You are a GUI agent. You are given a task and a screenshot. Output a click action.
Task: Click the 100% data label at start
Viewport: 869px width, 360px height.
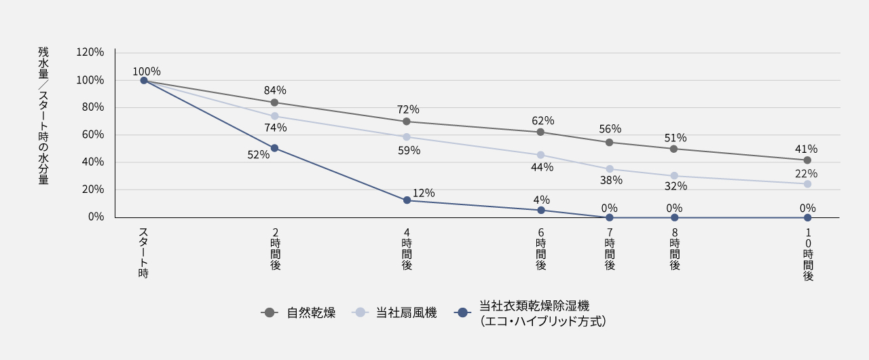pos(146,71)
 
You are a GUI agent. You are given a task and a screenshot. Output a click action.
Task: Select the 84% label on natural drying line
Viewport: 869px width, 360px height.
pos(275,90)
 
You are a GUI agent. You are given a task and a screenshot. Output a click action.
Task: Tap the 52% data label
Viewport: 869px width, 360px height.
pos(258,155)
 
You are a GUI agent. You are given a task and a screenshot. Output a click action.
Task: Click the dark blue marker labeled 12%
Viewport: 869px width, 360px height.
pos(407,200)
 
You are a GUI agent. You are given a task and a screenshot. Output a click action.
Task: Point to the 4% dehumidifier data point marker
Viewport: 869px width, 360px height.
pos(541,211)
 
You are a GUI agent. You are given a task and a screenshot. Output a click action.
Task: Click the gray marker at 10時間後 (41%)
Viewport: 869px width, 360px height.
pos(807,160)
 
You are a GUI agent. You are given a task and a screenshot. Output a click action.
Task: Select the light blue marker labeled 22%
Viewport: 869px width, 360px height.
pos(807,184)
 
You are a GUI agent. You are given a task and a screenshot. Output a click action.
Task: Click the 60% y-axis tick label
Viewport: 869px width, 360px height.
pos(92,134)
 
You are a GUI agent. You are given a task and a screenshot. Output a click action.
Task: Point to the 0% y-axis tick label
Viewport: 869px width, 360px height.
pos(95,217)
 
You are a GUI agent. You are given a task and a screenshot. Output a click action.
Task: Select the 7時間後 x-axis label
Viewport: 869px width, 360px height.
pos(610,249)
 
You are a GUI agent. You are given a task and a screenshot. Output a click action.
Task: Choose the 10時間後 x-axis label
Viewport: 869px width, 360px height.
pos(808,254)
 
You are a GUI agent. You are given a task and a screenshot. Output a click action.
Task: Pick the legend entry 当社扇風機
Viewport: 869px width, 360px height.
pos(406,313)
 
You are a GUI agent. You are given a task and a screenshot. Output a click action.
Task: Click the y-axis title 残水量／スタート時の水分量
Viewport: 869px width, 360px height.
pos(43,116)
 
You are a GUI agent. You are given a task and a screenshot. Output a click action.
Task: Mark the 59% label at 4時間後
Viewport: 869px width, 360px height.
pos(409,151)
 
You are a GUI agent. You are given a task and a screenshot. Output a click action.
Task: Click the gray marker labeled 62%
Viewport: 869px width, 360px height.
pos(540,132)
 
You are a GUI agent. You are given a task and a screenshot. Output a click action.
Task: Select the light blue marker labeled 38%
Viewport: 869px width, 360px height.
pos(610,169)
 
